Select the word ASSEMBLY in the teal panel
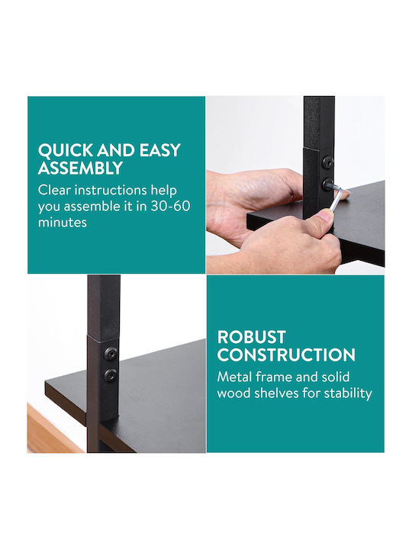coord(80,168)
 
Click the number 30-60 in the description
coord(171,206)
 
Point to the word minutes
coord(63,222)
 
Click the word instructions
coord(111,190)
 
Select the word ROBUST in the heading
coord(252,337)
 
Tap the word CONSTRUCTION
coord(286,355)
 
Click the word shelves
coord(277,393)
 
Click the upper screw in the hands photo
coord(328,163)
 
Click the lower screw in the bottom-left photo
coord(110,375)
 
